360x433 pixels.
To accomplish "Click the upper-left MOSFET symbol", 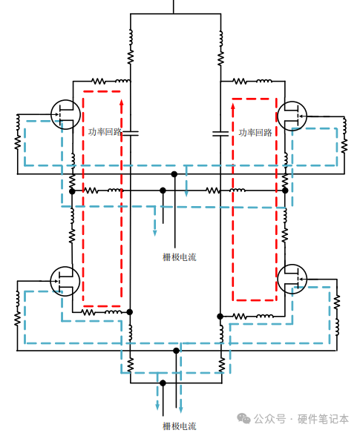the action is pyautogui.click(x=66, y=115).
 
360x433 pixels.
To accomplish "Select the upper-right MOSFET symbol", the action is pyautogui.click(x=292, y=116).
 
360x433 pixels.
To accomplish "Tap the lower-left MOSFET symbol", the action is pyautogui.click(x=65, y=282).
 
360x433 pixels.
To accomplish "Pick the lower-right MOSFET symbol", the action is pyautogui.click(x=292, y=279).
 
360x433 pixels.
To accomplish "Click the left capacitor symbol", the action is pyautogui.click(x=130, y=133).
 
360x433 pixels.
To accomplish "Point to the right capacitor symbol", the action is pyautogui.click(x=220, y=133).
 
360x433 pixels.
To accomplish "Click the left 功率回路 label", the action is pyautogui.click(x=105, y=132).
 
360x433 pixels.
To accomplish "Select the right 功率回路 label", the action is pyautogui.click(x=255, y=133).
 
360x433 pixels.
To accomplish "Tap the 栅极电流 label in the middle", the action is pyautogui.click(x=180, y=257).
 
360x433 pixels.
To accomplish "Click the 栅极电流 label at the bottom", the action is pyautogui.click(x=180, y=426).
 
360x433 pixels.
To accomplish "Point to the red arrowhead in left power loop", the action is pyautogui.click(x=122, y=104).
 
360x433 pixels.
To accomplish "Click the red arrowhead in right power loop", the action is pyautogui.click(x=233, y=107).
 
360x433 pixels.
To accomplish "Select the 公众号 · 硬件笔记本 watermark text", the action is pyautogui.click(x=301, y=419).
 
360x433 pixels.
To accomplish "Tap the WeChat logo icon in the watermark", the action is pyautogui.click(x=243, y=418).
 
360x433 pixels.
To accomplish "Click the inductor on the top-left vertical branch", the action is pyautogui.click(x=131, y=37).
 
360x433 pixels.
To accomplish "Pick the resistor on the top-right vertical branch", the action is pyautogui.click(x=220, y=59).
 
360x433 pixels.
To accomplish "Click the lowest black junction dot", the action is pyautogui.click(x=163, y=383).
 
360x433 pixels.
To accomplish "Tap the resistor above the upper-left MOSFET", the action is pyautogui.click(x=99, y=82).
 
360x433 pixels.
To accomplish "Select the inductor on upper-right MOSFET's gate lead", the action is pyautogui.click(x=344, y=125).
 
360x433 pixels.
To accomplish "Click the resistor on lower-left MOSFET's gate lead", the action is pyautogui.click(x=17, y=318).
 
